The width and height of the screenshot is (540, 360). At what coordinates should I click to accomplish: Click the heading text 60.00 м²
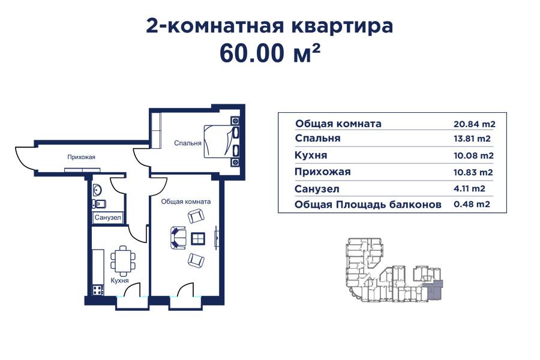(269, 53)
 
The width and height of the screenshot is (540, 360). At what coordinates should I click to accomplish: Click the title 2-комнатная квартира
(269, 26)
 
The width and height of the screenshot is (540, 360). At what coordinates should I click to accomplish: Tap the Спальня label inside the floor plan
(187, 143)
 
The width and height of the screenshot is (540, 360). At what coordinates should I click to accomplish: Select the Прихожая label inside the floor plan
(82, 157)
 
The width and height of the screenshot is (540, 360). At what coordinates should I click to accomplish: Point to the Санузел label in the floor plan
(108, 217)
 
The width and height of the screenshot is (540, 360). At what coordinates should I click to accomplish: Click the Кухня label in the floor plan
(119, 280)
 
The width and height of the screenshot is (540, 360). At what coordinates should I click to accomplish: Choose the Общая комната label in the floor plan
(185, 202)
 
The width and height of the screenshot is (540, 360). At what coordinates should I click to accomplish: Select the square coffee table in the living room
(198, 238)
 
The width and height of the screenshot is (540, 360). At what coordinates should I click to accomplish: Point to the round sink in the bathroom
(98, 191)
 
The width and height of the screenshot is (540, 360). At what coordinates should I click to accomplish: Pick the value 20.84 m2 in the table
(474, 124)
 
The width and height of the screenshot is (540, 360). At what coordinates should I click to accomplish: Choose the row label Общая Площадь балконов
(368, 205)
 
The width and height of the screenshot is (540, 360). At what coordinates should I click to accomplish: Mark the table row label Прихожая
(323, 172)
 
